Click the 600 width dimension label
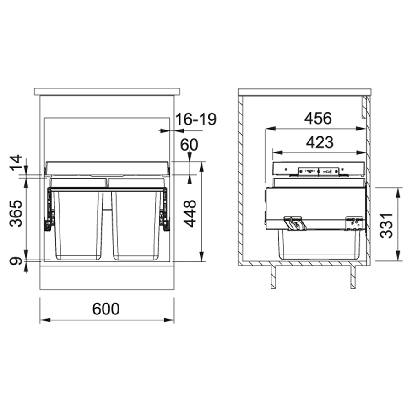coord(106,309)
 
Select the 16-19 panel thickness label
coord(196,119)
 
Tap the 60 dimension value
coord(189,145)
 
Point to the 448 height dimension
coord(190,213)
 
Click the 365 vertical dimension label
coord(16,213)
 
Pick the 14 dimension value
coord(16,163)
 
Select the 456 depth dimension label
coord(318,118)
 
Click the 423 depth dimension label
coord(320,142)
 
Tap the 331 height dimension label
coord(386,226)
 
